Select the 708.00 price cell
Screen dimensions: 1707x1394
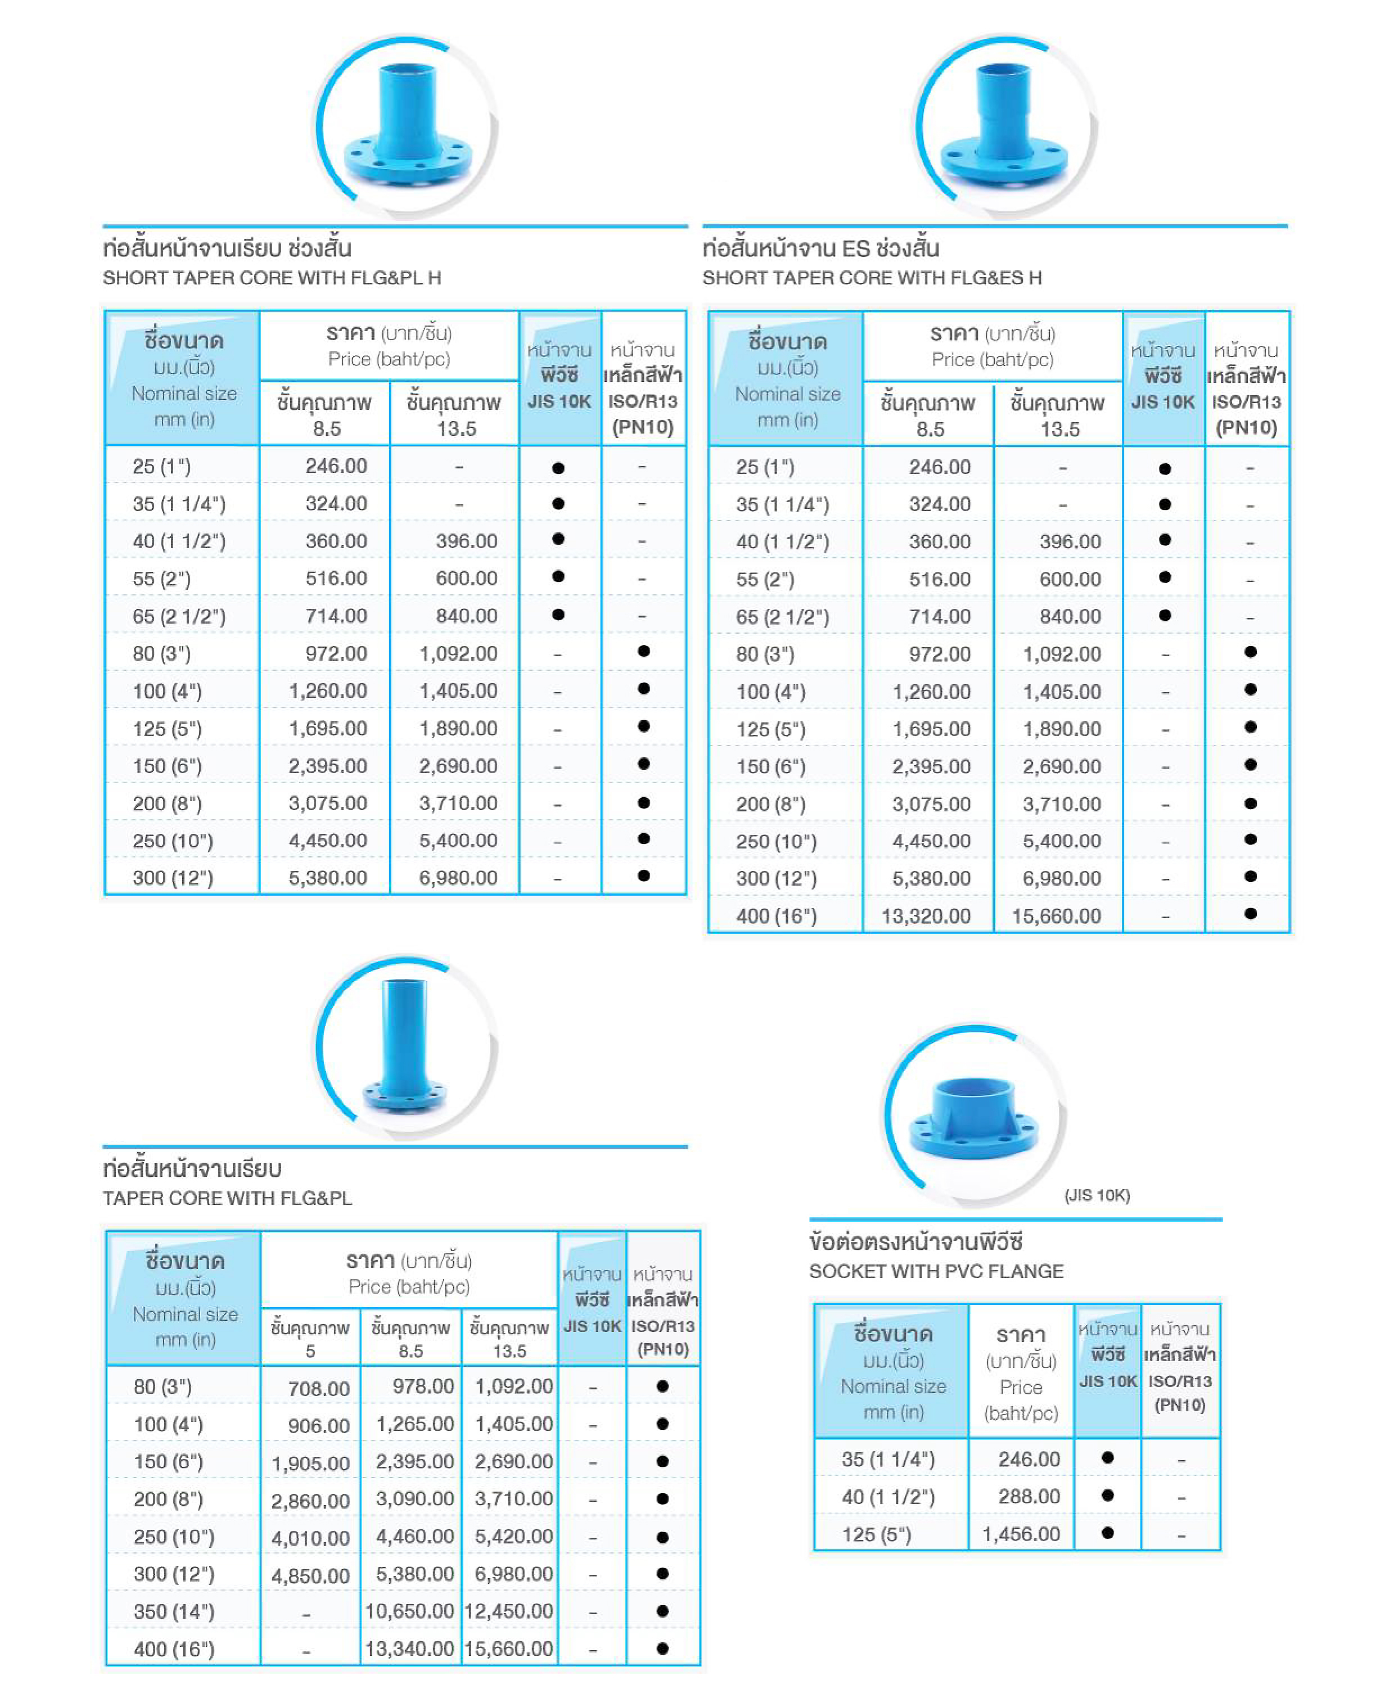click(319, 1388)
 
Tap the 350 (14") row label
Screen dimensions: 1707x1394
click(173, 1611)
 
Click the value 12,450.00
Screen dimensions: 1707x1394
click(509, 1611)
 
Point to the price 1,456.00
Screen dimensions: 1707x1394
click(1021, 1534)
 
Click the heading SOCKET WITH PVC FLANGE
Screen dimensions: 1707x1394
click(936, 1272)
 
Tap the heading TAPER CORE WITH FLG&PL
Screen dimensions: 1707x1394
click(227, 1199)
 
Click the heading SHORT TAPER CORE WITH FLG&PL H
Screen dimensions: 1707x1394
click(272, 278)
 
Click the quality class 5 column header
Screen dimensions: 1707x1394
click(310, 1339)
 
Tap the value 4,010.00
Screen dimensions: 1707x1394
click(310, 1538)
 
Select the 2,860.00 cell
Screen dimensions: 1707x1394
click(310, 1501)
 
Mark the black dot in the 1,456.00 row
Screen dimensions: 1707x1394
click(1107, 1533)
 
